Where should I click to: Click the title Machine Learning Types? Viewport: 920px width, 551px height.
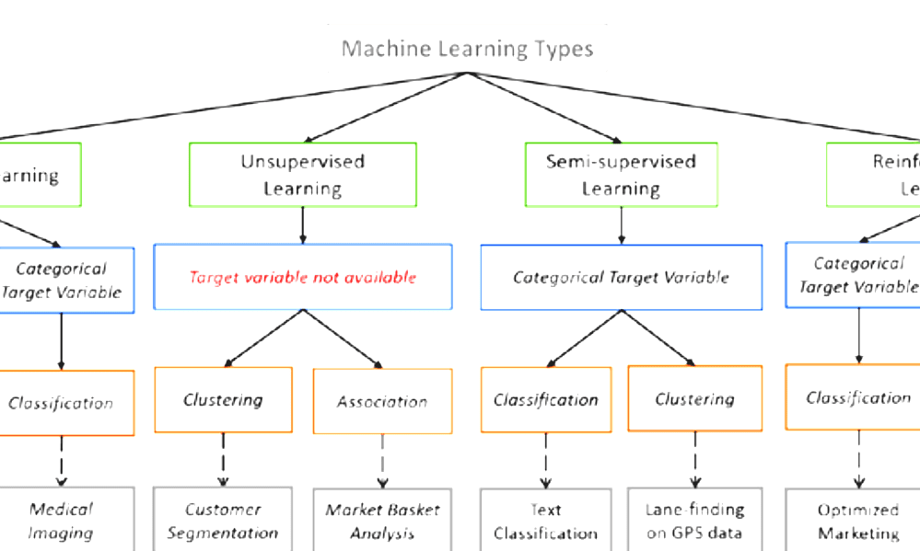coord(467,48)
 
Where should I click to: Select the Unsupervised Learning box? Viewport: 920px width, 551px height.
coord(303,174)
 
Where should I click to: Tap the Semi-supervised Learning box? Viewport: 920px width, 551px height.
coord(621,174)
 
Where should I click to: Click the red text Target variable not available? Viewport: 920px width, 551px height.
coord(303,277)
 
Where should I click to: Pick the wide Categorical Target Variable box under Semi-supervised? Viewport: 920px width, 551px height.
coord(621,277)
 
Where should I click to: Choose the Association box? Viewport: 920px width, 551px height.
coord(382,401)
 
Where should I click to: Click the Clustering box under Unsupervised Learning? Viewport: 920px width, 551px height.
coord(223,399)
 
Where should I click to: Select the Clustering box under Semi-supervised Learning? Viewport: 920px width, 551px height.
coord(694,398)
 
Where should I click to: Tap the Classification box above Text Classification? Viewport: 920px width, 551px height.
coord(546,399)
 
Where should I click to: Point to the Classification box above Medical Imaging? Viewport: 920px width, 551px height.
coord(61,402)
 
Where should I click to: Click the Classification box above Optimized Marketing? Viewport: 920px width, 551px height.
coord(856,397)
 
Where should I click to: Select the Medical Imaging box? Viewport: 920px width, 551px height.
coord(61,520)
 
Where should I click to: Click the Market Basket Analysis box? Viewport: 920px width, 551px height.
coord(382,520)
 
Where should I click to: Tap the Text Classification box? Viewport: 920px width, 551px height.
coord(545,520)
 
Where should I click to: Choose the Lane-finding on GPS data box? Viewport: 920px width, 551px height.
coord(694,520)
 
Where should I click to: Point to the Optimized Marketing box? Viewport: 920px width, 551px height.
coord(856,520)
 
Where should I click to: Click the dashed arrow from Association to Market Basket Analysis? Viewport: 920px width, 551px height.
coord(382,460)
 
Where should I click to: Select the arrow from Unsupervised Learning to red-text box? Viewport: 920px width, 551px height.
coord(303,224)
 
